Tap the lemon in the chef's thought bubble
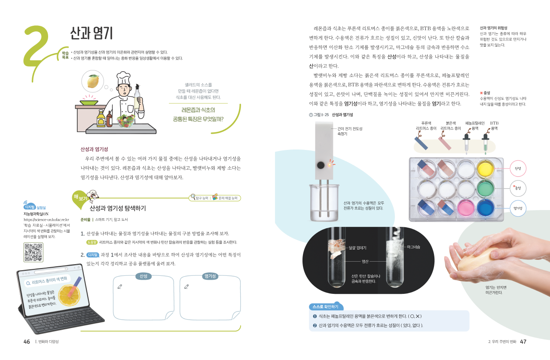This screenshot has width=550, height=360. (93, 81)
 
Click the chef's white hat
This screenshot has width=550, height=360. (123, 78)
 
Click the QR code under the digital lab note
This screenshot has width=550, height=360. (34, 252)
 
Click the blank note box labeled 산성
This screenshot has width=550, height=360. (144, 298)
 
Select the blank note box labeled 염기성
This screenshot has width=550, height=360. (210, 298)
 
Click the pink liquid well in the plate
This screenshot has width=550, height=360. (466, 208)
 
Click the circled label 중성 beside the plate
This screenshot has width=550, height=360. (518, 188)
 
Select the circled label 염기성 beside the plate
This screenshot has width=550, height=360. (518, 208)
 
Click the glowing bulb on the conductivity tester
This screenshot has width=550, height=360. (330, 165)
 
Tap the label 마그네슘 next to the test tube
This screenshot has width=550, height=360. (413, 247)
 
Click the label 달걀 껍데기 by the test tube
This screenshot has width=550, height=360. (357, 248)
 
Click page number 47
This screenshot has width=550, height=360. (523, 342)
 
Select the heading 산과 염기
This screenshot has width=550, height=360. (92, 33)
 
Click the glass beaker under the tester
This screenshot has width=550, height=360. (324, 203)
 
